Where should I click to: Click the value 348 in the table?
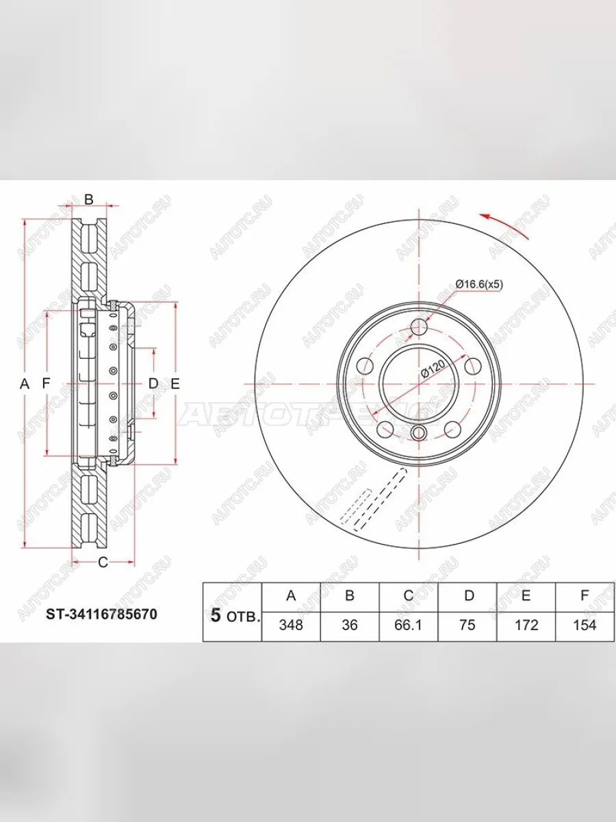pos(291,625)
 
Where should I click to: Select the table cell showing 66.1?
pos(408,625)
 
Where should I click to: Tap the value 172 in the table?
pos(526,625)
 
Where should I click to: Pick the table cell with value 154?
pos(585,625)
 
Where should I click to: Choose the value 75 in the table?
pos(467,625)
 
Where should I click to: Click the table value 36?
pos(350,625)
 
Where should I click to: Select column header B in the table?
pos(350,596)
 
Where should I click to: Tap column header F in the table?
pos(585,596)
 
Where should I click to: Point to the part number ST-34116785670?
pos(101,615)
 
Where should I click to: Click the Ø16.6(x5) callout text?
pos(479,284)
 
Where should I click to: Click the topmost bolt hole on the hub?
pos(419,327)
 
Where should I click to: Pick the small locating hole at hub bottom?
pos(419,432)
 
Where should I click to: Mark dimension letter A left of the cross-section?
pos(25,384)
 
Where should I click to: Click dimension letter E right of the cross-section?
pos(175,384)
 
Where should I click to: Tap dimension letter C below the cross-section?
pos(103,563)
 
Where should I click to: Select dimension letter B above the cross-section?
pos(88,199)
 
